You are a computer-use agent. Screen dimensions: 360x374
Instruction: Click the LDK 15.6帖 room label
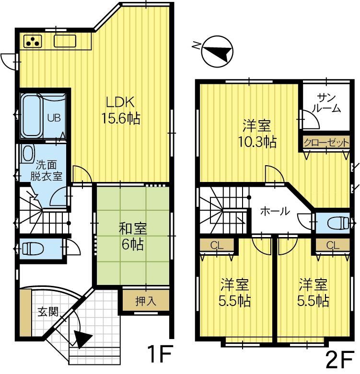click(121, 110)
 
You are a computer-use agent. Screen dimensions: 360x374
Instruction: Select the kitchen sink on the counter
click(65, 41)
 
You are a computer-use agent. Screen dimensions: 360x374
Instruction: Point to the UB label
click(54, 118)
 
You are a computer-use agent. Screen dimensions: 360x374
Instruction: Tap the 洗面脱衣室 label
click(46, 171)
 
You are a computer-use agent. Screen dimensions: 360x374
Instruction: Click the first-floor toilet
click(32, 248)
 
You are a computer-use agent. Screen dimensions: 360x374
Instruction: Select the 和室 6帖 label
click(132, 236)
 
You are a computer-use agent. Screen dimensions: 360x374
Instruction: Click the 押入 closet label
click(146, 301)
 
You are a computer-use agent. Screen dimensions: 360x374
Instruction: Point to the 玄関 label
click(48, 311)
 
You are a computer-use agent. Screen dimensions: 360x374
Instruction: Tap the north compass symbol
click(217, 52)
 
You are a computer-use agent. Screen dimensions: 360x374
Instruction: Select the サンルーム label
click(326, 103)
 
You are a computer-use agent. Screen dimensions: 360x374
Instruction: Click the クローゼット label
click(326, 143)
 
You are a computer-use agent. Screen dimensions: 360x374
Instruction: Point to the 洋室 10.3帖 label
click(257, 134)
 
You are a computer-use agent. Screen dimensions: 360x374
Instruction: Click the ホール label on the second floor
click(275, 211)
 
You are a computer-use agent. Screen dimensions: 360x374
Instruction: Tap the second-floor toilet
click(338, 223)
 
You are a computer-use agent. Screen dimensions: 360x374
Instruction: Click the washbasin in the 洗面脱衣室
click(28, 153)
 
